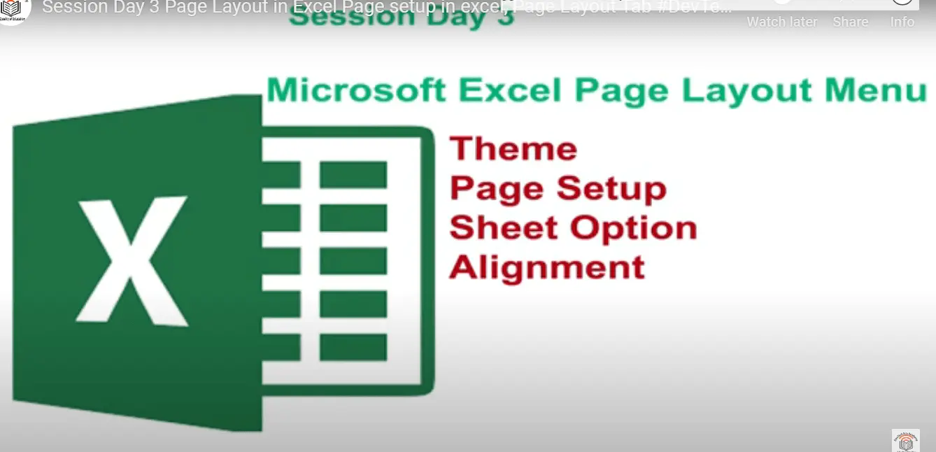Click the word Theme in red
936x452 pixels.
click(513, 149)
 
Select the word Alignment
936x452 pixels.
click(546, 267)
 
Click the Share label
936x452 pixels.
click(850, 22)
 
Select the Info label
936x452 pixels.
click(902, 22)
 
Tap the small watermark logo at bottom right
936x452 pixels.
click(905, 440)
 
